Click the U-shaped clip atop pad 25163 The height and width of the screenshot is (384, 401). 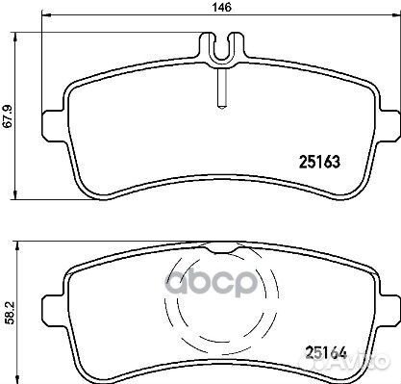[220, 49]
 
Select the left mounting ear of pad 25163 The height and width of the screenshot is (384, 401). [54, 124]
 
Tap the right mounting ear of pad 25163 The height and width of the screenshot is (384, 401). [387, 124]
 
